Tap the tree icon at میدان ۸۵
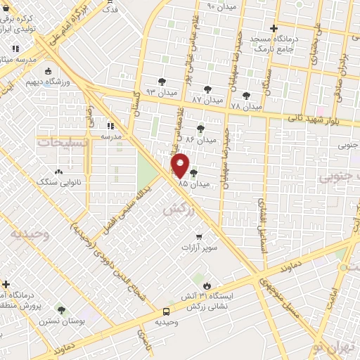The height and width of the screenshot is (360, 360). click(193, 173)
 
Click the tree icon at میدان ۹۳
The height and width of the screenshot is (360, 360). click(162, 82)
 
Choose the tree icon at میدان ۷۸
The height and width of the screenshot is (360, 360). click(245, 96)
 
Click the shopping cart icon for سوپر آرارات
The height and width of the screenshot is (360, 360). click(200, 236)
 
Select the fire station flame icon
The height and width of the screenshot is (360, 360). click(207, 285)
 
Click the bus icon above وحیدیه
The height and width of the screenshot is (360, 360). click(167, 311)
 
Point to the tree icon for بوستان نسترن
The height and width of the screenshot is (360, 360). click(62, 309)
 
